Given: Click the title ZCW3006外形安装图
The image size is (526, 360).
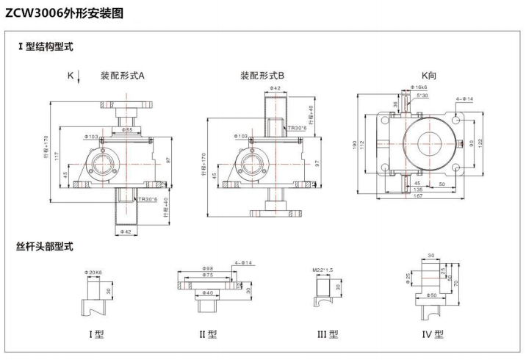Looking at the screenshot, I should coord(65,13).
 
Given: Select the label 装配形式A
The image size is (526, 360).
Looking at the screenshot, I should coord(123,76).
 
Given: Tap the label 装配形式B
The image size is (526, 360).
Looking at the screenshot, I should coord(262,76).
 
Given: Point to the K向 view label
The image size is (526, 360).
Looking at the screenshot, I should coord(428,76).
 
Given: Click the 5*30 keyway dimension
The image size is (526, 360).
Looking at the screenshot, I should coord(423,96).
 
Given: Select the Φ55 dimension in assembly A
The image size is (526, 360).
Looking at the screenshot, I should coord(129,129).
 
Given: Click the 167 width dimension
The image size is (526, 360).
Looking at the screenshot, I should coord(416,196).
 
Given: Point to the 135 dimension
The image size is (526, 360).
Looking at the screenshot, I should coord(417,190).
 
